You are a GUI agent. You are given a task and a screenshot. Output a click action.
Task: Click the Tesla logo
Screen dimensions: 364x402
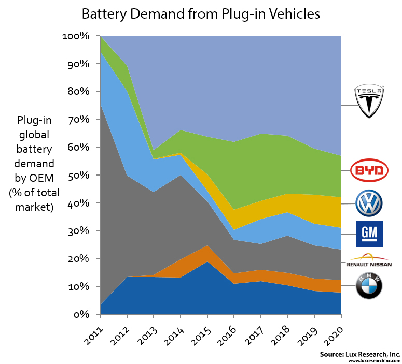369,101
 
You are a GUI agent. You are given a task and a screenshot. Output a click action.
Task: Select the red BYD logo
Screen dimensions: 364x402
369,170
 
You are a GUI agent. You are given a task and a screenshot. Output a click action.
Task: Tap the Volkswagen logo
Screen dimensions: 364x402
369,203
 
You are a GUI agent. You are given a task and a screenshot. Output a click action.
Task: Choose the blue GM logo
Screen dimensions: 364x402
369,234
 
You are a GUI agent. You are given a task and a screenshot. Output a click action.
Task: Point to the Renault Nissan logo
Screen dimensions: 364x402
369,260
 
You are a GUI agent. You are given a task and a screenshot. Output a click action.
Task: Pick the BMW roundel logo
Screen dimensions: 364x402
369,286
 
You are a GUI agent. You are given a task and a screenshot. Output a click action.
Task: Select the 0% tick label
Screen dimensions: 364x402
81,314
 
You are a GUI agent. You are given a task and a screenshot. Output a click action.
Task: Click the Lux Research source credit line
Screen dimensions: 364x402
359,354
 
